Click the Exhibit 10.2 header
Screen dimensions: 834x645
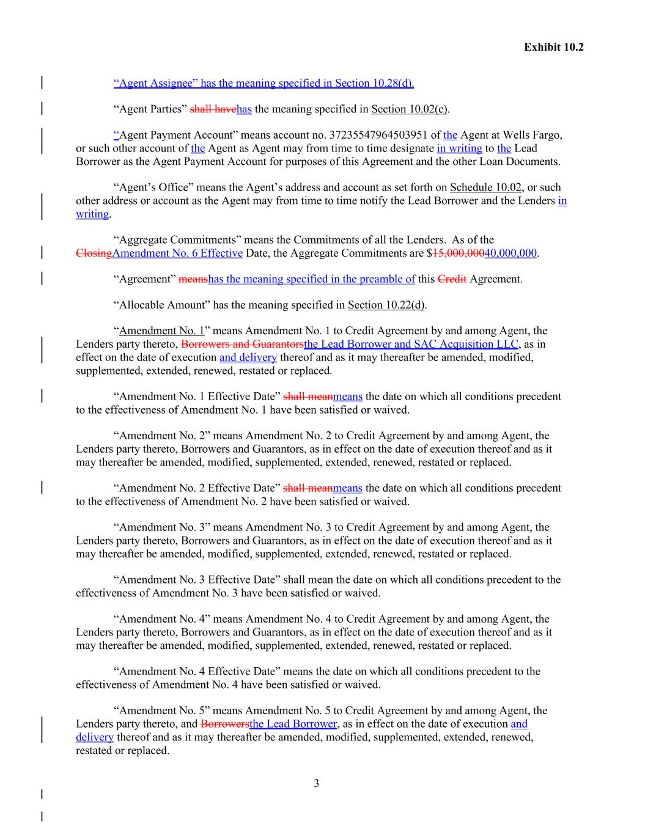(553, 47)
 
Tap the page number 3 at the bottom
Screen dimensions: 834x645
(316, 783)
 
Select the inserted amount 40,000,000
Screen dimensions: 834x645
(510, 254)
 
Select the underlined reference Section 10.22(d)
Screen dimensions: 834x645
(386, 305)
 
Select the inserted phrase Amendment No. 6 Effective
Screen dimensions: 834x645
(178, 254)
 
